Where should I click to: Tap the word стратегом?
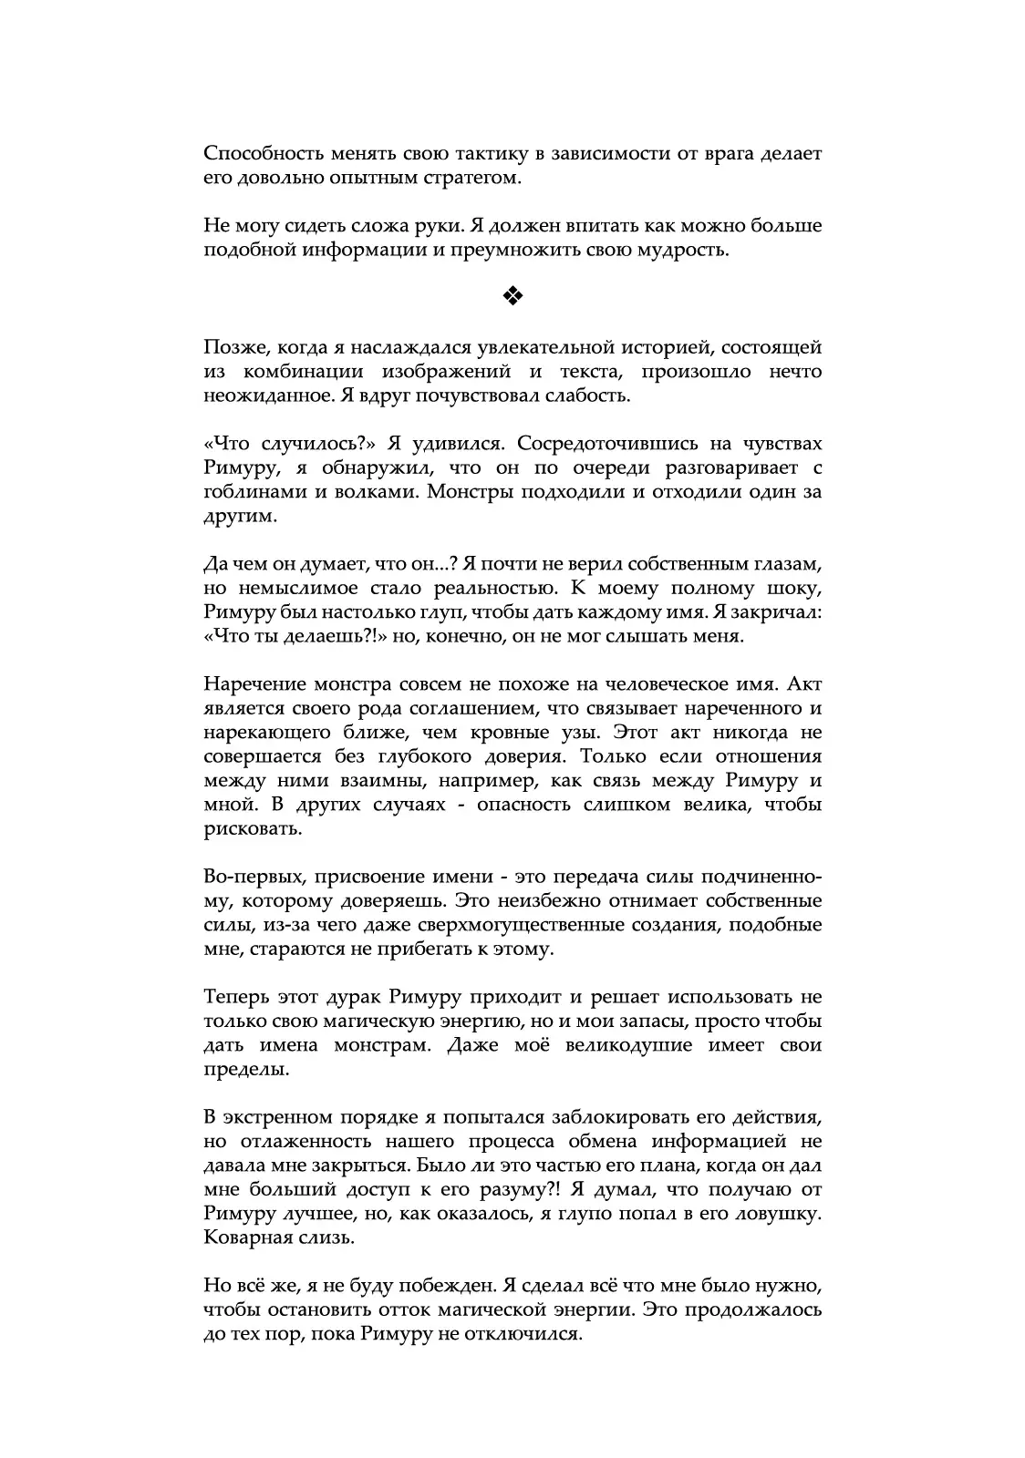473,178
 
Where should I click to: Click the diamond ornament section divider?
512,295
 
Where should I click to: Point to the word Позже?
230,347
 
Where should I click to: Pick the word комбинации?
303,372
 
